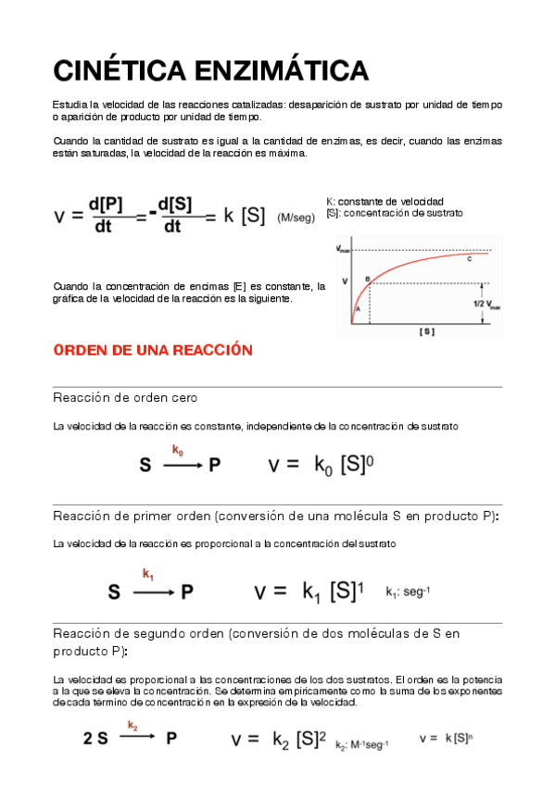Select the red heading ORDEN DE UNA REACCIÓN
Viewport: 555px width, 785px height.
[x=153, y=350]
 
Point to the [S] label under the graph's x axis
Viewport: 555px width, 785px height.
[x=426, y=330]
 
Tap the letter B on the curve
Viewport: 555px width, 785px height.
[x=367, y=278]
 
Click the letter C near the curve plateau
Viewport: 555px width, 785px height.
[x=469, y=259]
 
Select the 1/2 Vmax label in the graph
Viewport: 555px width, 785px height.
[x=487, y=305]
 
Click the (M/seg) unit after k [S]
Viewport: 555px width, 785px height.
[x=296, y=218]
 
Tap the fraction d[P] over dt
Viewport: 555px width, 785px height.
[x=104, y=215]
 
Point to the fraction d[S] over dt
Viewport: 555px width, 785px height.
[x=173, y=215]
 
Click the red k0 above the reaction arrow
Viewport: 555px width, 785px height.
[x=177, y=450]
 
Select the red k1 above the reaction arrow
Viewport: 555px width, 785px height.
[x=148, y=574]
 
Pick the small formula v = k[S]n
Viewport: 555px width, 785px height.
[x=444, y=738]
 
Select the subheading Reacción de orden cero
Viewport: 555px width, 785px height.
[x=125, y=397]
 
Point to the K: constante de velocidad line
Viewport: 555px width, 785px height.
[x=385, y=201]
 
